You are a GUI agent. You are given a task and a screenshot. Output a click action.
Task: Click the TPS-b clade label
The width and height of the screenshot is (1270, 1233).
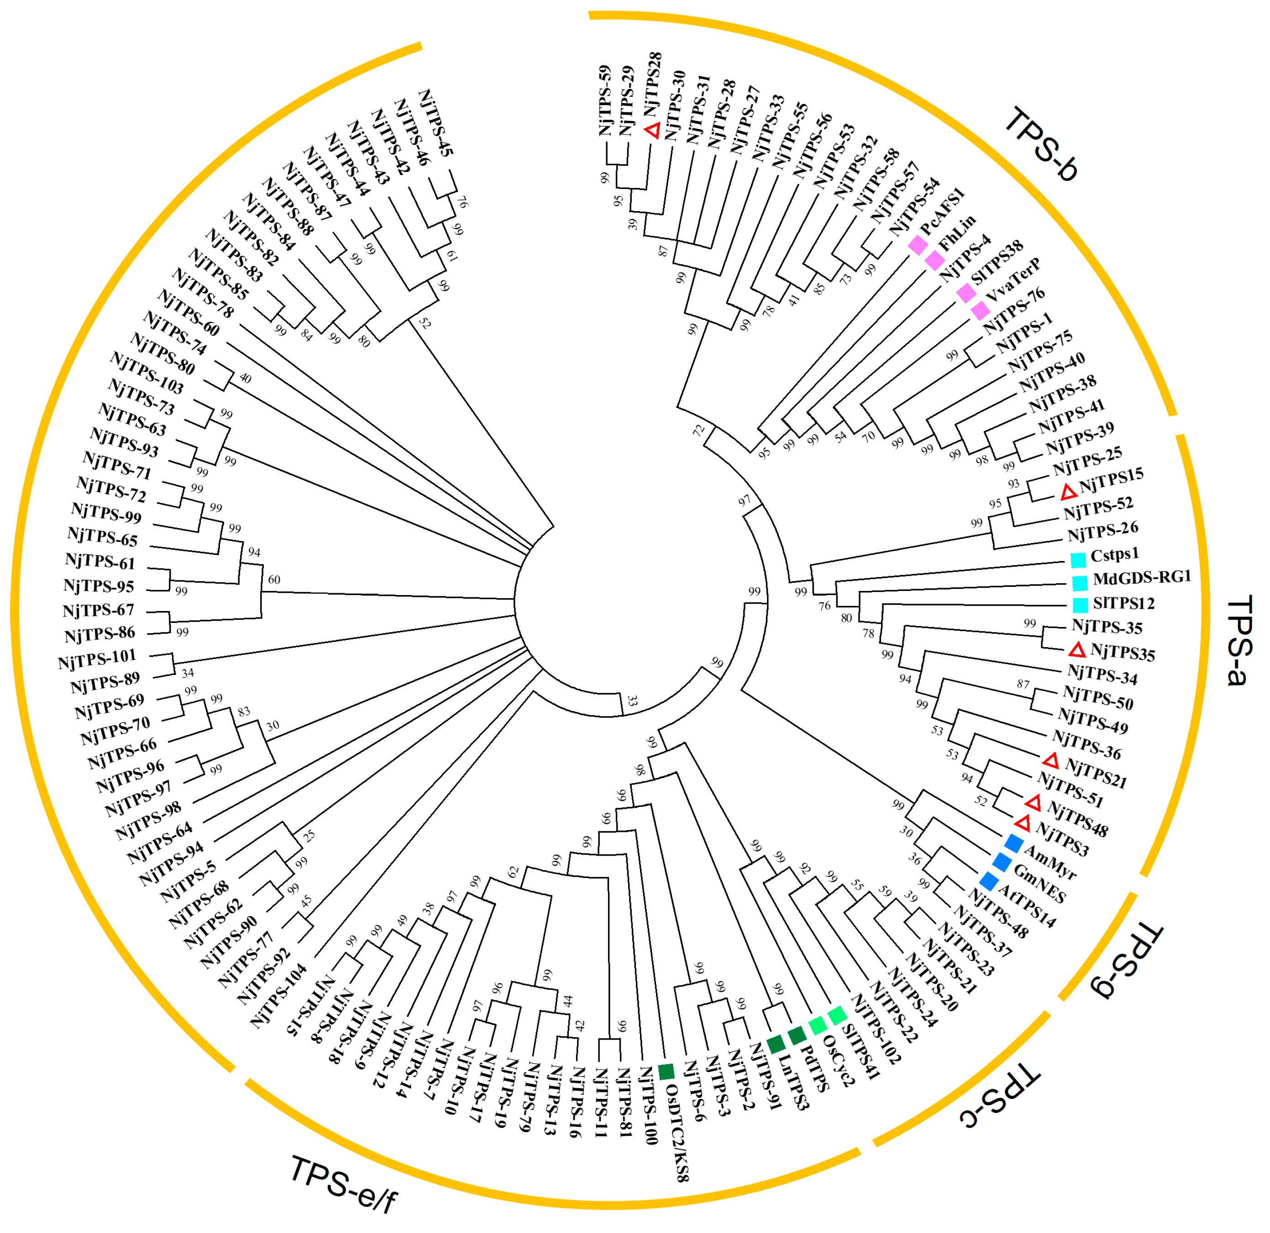[x=1039, y=145]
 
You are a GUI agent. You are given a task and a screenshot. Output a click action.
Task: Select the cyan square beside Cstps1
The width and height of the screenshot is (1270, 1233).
[x=1077, y=559]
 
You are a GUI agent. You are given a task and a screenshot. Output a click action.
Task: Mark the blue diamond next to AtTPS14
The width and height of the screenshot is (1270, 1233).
[x=989, y=881]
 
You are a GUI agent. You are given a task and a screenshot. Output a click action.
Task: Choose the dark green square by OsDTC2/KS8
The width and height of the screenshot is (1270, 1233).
[x=666, y=1072]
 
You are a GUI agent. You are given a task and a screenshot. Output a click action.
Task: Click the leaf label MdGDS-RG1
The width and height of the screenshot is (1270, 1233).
[x=1142, y=578]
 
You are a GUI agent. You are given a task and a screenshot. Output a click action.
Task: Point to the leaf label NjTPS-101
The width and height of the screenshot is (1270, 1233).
[x=96, y=660]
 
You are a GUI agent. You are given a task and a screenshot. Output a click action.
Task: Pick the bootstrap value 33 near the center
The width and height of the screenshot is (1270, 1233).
[x=632, y=701]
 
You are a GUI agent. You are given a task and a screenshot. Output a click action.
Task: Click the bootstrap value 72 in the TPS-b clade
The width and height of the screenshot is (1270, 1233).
[x=698, y=429]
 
